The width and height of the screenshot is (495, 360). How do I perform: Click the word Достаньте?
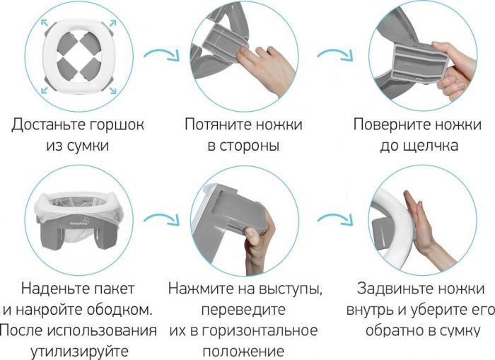(x=48, y=124)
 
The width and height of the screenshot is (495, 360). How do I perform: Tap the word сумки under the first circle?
(x=88, y=146)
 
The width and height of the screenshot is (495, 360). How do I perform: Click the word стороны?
(x=250, y=146)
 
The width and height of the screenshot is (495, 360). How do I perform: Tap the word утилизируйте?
(x=79, y=352)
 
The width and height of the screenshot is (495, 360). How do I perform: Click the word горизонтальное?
(x=260, y=330)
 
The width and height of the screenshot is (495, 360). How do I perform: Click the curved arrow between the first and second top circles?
(x=161, y=54)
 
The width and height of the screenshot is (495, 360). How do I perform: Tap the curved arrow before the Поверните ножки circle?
(x=334, y=54)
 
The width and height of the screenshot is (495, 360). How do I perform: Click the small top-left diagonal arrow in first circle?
(x=44, y=23)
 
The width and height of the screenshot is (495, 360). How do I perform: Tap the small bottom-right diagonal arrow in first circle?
(x=113, y=91)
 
